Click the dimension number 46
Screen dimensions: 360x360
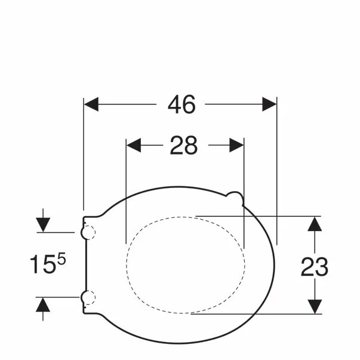[181, 104]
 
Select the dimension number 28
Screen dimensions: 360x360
[183, 145]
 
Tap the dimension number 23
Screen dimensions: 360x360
[314, 267]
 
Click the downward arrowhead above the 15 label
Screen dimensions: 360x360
[43, 225]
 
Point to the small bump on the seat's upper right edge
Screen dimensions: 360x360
[235, 198]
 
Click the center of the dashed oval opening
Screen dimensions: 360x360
[186, 264]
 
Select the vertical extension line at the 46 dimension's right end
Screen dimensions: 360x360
[278, 173]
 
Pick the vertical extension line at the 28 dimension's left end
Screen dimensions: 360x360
[127, 191]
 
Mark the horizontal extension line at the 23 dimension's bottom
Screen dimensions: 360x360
[257, 313]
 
